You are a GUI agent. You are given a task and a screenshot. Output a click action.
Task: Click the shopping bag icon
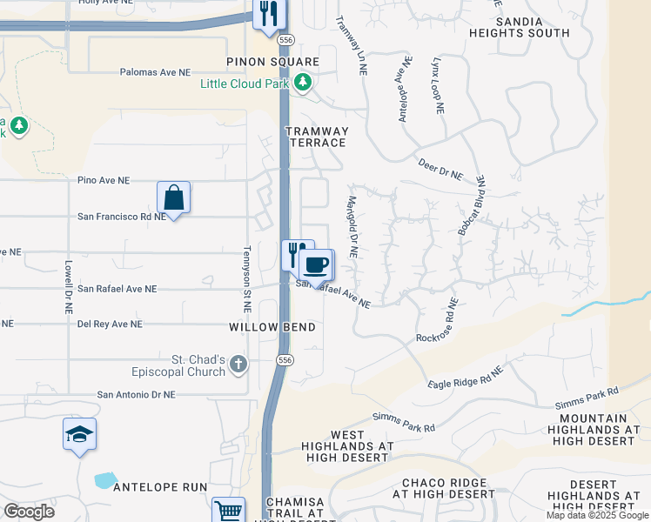(x=173, y=197)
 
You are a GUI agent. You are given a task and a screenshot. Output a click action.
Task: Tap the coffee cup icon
(x=316, y=264)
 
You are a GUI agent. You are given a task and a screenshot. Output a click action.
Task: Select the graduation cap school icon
(x=79, y=434)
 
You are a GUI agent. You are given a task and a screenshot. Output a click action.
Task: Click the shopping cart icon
(x=228, y=511)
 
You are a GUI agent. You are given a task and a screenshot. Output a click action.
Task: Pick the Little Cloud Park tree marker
(x=302, y=84)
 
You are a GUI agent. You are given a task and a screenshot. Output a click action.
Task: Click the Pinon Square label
(x=272, y=63)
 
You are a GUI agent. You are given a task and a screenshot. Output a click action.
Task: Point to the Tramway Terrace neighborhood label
(x=317, y=137)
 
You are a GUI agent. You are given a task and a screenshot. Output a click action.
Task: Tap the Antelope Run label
(x=161, y=487)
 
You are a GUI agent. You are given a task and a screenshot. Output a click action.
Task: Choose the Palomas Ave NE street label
(x=155, y=73)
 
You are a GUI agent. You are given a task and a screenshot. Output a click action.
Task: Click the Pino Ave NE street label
(x=104, y=181)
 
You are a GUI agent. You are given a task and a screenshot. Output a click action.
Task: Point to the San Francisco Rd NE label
(x=121, y=217)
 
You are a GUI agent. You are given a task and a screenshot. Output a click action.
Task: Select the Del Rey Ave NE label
(x=110, y=325)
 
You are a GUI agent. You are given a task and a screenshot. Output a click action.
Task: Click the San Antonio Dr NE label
(x=136, y=394)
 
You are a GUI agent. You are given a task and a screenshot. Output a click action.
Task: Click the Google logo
(x=29, y=512)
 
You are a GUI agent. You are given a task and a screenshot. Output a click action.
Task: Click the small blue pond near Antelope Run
(x=105, y=479)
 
